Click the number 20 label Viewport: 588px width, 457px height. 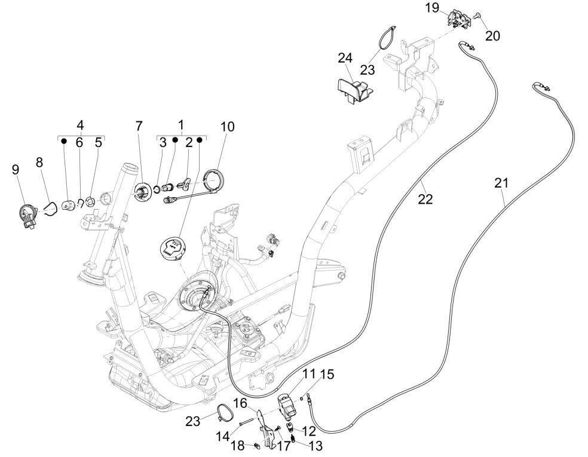492,36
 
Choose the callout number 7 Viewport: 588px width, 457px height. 139,127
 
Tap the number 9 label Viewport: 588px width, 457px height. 16,170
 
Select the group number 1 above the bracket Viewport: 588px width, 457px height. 181,125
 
